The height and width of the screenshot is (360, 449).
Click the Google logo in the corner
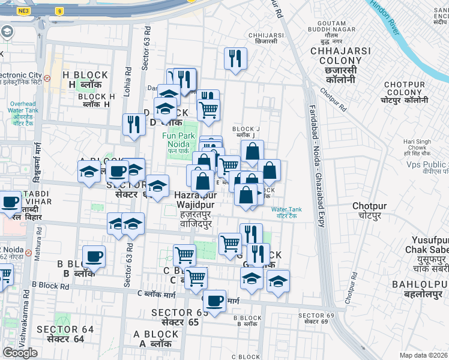(20, 353)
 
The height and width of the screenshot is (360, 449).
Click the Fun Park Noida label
(178, 139)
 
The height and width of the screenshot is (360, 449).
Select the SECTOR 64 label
(65, 334)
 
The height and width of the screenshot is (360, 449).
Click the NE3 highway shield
(23, 11)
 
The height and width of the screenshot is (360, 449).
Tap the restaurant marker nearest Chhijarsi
(235, 58)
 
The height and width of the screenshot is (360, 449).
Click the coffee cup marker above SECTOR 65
(214, 300)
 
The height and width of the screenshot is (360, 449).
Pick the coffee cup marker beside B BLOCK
(94, 256)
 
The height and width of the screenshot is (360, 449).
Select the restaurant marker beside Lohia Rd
(134, 124)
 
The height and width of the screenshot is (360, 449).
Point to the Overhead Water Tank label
(23, 112)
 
